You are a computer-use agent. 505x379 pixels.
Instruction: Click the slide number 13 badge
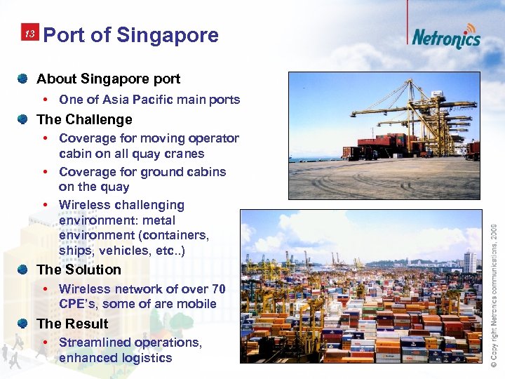(x=29, y=34)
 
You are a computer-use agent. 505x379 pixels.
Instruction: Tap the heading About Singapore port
(x=108, y=79)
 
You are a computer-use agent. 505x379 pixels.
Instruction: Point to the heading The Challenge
(x=84, y=119)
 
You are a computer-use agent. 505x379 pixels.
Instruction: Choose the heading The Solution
(x=79, y=270)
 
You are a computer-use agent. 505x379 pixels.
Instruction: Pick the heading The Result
(x=72, y=324)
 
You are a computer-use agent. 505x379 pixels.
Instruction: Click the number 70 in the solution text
(x=218, y=288)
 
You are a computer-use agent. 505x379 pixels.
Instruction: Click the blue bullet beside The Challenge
(x=24, y=119)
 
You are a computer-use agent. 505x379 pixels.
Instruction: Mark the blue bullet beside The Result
(x=24, y=323)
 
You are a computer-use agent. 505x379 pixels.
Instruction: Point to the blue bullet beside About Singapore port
(x=24, y=78)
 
